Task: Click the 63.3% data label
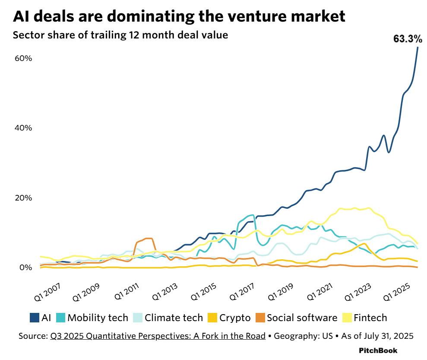[407, 39]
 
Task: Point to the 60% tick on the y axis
[24, 58]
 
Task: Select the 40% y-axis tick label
[24, 128]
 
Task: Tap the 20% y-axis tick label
[24, 198]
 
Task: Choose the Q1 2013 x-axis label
[164, 288]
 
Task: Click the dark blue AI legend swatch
[35, 318]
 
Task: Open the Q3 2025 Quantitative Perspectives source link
[158, 336]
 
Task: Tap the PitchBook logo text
[378, 350]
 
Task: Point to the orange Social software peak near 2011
[148, 239]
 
